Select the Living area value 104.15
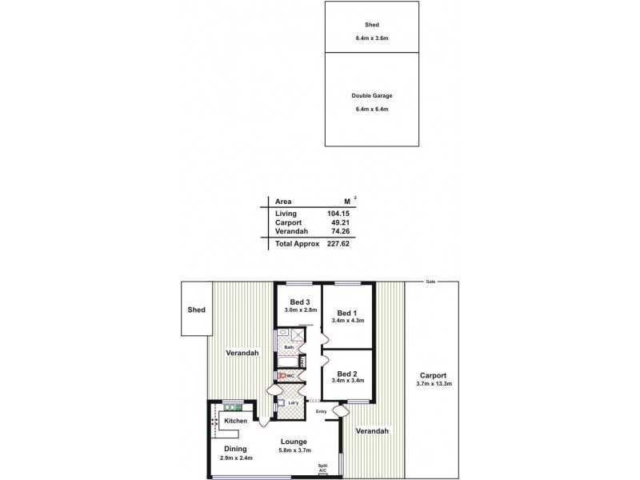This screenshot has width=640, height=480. [x=339, y=214]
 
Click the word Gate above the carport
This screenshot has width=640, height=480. [x=430, y=282]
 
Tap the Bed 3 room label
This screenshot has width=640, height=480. [x=301, y=302]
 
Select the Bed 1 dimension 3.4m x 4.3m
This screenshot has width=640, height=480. [x=348, y=321]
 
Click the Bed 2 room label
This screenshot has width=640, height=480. [x=348, y=374]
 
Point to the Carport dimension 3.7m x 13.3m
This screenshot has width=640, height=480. [x=434, y=384]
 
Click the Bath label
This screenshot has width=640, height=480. [x=289, y=346]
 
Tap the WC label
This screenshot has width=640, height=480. [x=291, y=374]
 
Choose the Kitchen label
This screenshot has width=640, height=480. [x=235, y=420]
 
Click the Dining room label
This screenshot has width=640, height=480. [x=235, y=449]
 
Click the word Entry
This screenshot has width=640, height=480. [x=321, y=412]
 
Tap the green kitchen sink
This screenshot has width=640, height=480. [x=234, y=406]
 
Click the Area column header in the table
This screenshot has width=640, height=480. [x=283, y=202]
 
